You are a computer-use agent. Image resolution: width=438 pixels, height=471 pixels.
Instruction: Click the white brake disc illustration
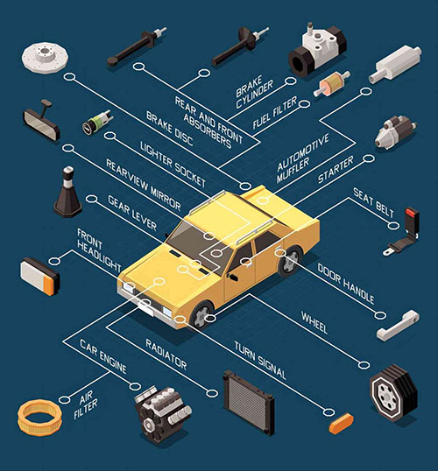point(45,57)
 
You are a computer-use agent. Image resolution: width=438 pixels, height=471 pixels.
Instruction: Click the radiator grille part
point(249,403)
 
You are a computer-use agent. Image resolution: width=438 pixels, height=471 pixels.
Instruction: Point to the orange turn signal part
point(341,424)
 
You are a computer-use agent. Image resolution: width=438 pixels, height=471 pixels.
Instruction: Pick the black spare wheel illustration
point(393,392)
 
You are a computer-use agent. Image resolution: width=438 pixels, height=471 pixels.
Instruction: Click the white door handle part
point(398,326)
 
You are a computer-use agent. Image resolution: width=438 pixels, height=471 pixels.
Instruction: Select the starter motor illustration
point(395,132)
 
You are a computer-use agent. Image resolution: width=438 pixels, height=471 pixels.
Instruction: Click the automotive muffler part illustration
point(395,64)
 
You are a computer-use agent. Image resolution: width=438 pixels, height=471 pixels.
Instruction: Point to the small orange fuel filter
point(332,84)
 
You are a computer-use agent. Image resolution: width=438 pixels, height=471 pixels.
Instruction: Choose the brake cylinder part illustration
point(317,51)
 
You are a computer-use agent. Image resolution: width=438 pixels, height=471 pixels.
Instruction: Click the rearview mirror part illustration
point(41,121)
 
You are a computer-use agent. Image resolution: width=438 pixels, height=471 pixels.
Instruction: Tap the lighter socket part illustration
point(97,123)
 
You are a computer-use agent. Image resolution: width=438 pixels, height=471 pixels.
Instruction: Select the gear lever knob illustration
point(67,193)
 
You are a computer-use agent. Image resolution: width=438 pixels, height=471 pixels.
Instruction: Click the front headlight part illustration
point(40,277)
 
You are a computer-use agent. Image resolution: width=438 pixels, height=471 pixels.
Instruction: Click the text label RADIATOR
point(166,355)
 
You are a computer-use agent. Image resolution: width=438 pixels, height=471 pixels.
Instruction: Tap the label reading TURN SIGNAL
point(260,360)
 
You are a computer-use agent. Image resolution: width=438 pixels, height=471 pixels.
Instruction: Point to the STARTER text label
point(336,170)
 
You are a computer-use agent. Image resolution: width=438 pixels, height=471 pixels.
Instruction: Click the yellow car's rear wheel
point(290,260)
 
